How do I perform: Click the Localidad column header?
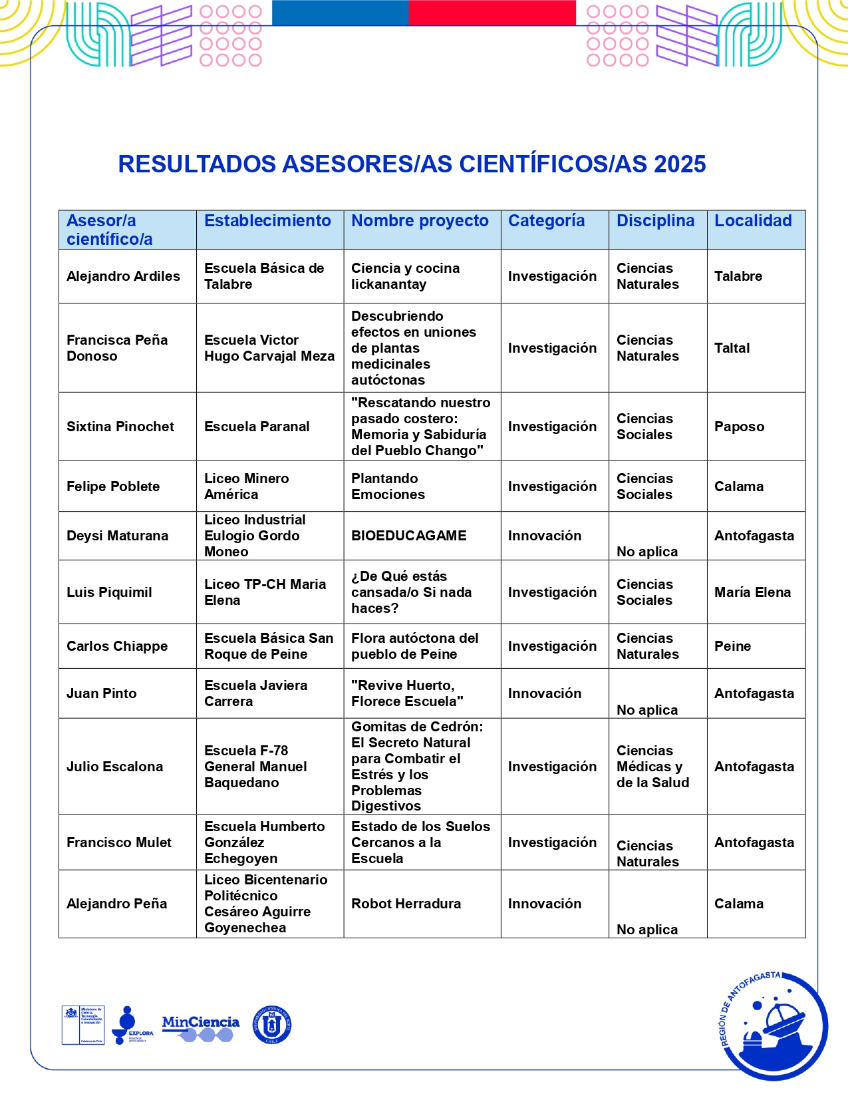click(753, 221)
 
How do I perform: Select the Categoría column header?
click(546, 221)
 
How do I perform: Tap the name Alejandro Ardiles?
click(123, 276)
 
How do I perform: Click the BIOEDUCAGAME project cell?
click(409, 536)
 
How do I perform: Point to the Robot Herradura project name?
click(406, 904)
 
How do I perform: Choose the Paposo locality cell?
click(739, 427)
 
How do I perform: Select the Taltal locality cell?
click(732, 348)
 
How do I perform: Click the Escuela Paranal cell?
click(257, 427)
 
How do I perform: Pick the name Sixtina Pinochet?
click(120, 427)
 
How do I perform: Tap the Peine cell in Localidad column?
click(732, 646)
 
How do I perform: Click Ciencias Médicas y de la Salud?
click(652, 767)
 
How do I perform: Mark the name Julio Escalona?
click(114, 767)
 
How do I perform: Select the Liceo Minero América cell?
click(246, 486)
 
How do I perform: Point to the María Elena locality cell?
click(752, 592)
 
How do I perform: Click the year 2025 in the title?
click(680, 164)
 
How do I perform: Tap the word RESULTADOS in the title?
click(197, 164)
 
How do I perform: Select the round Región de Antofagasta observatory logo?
click(775, 1025)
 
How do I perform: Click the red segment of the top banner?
click(492, 13)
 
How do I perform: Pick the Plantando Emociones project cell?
click(388, 486)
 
